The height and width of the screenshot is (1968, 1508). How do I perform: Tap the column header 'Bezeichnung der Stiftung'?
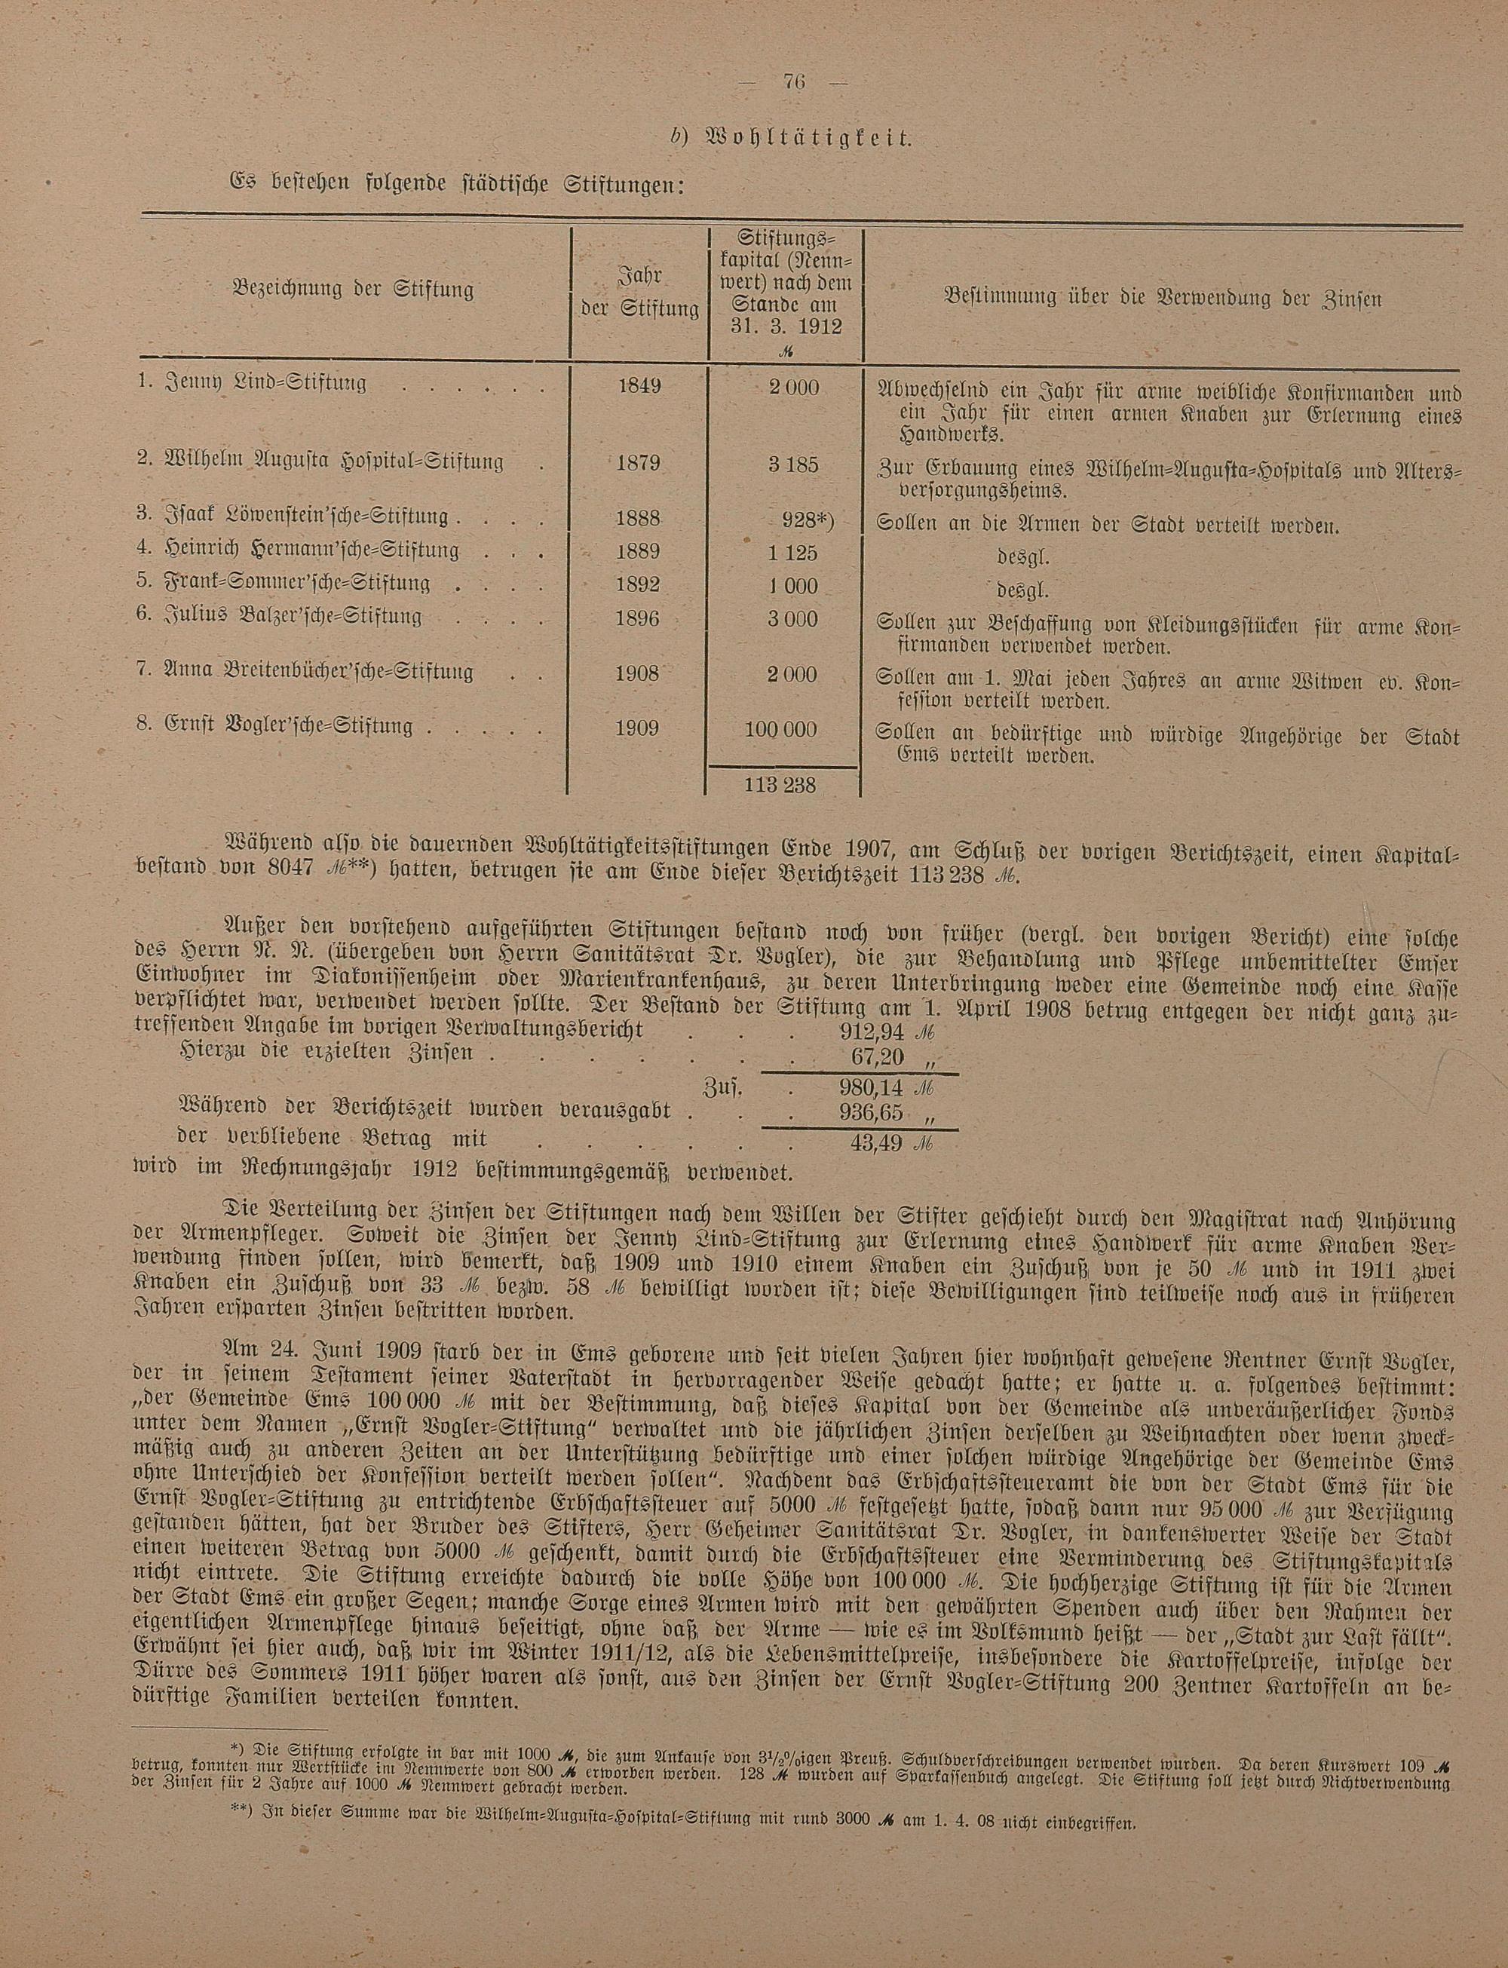[352, 291]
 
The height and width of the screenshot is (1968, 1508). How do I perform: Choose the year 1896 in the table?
[639, 619]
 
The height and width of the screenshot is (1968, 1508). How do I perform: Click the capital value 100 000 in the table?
[780, 730]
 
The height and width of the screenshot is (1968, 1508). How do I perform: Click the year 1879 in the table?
[639, 464]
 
